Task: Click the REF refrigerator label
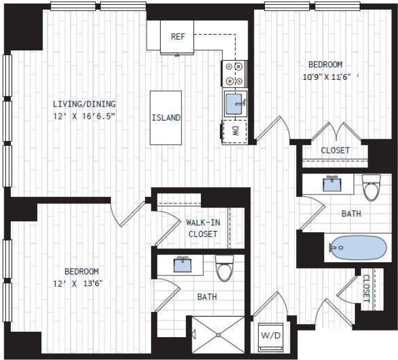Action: tap(178, 37)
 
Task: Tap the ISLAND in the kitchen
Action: tap(165, 118)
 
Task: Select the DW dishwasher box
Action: tap(235, 130)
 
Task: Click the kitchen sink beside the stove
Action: tap(234, 103)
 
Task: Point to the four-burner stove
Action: tap(234, 74)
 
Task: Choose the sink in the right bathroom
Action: tap(331, 183)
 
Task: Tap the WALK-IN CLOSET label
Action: tap(203, 228)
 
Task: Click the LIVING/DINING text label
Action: tap(83, 103)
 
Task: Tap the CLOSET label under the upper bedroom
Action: tap(335, 150)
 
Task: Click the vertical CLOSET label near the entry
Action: tap(366, 288)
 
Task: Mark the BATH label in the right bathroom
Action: tap(351, 213)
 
